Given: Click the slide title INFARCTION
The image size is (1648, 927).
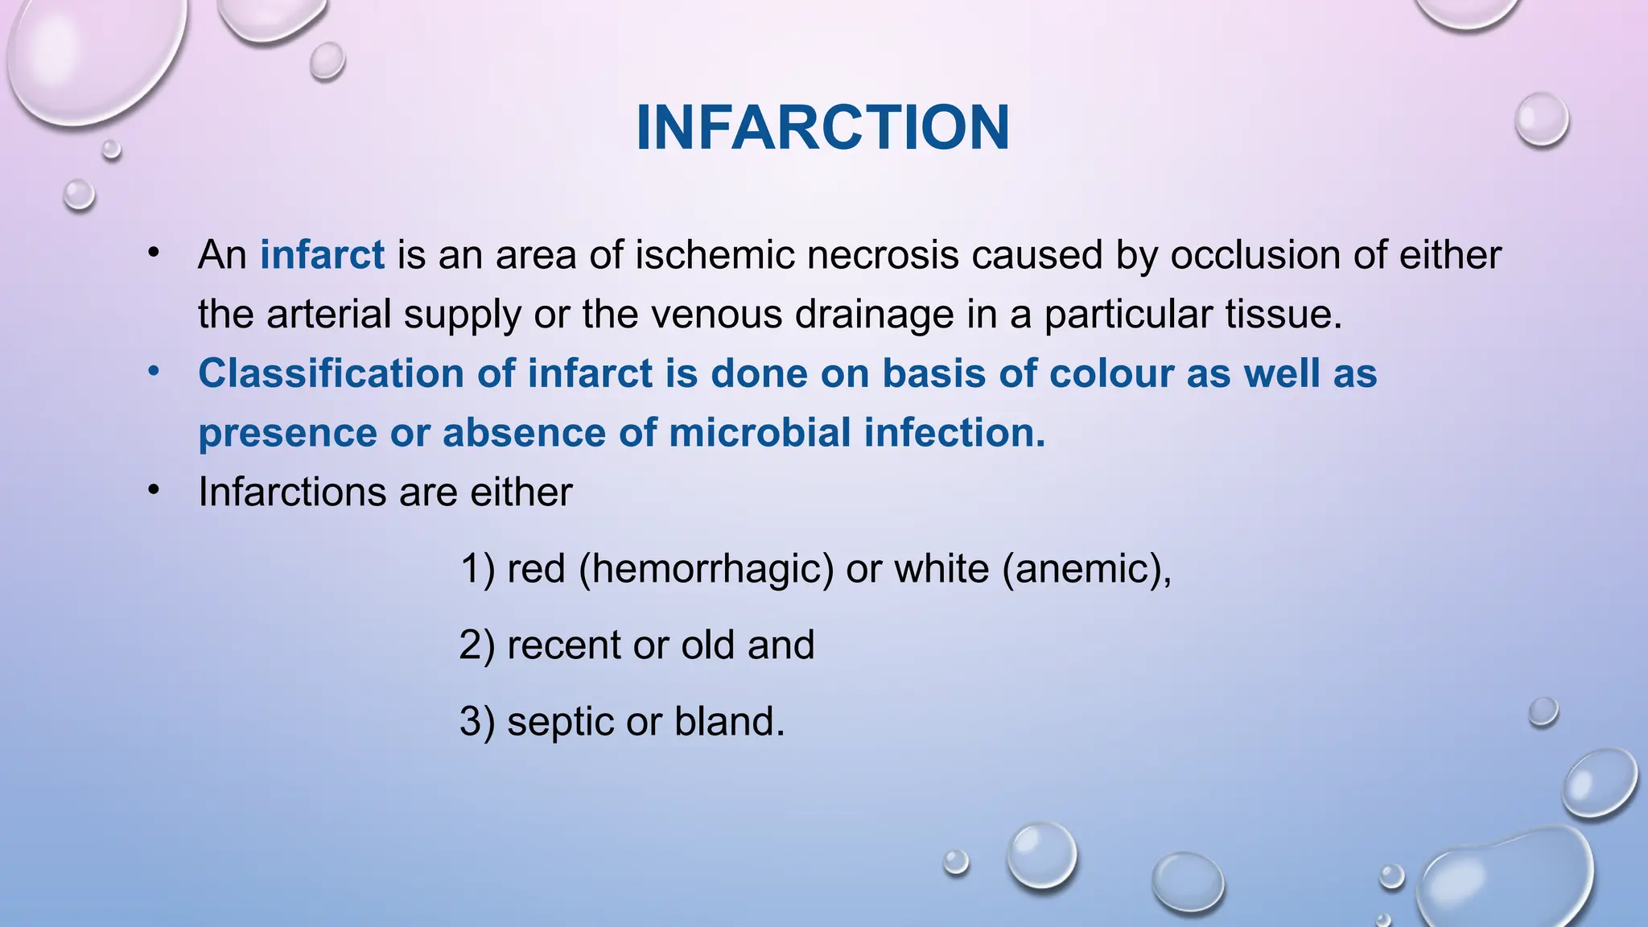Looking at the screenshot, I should coord(822,128).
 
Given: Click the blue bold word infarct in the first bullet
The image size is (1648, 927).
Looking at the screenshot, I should coord(322,255).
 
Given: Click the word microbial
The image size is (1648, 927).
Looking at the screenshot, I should coord(760,432).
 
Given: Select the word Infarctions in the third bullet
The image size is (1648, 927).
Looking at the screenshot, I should coord(292,492).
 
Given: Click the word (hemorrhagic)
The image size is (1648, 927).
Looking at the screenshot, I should coord(706,569).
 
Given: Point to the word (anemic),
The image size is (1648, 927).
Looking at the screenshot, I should coord(1086,569).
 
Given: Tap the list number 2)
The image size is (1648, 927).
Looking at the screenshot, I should coord(476,645).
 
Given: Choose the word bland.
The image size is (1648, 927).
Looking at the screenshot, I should coord(729,722).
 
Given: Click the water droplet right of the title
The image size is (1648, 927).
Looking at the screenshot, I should coord(1541,120).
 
